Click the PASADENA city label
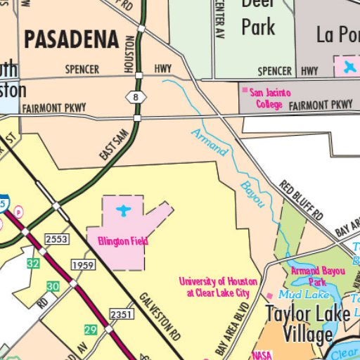70,39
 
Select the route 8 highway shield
135,98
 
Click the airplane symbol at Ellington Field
124,211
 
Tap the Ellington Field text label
122,241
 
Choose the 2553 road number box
56,240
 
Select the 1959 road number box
82,264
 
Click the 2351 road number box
120,313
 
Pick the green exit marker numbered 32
33,263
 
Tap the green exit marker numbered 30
53,286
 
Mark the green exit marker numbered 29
89,330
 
